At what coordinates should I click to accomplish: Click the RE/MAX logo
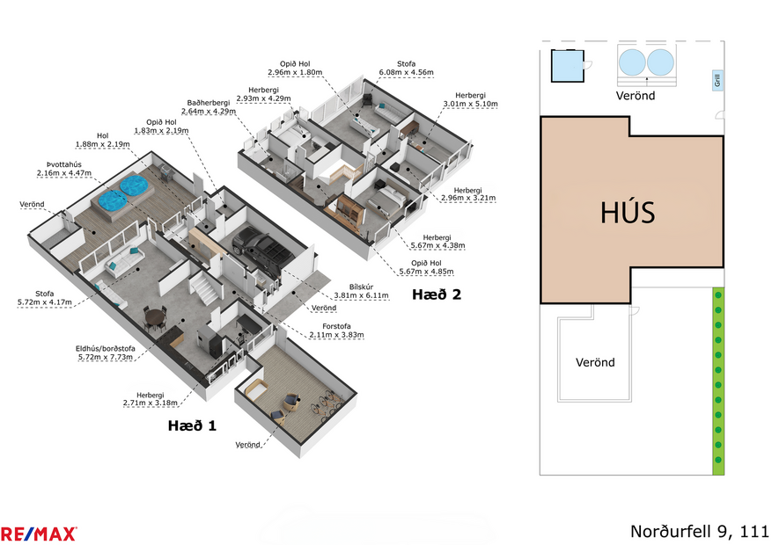[39, 533]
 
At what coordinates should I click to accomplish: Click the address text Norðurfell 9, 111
[700, 532]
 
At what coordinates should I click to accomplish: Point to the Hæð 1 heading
[192, 425]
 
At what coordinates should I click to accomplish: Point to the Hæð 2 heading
[437, 294]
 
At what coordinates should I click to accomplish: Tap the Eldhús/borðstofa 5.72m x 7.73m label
[104, 352]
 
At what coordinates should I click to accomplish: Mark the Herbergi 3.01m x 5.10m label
[470, 99]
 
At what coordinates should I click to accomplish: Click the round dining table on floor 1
[155, 316]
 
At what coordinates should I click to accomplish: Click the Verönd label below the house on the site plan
[595, 362]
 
